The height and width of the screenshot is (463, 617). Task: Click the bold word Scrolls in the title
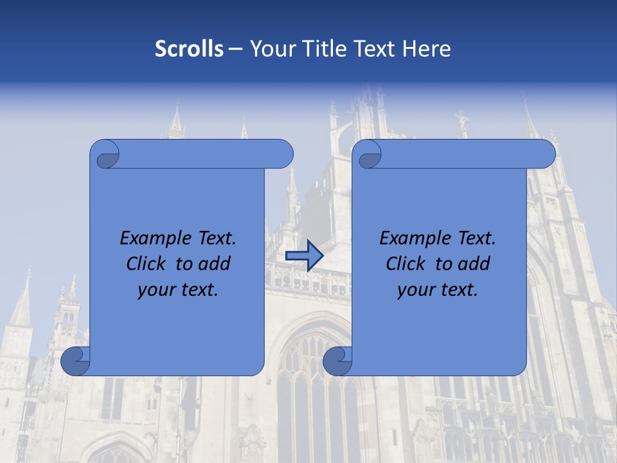tap(190, 49)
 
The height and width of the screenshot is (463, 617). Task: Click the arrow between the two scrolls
tap(304, 256)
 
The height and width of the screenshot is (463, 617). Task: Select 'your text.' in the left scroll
tap(178, 289)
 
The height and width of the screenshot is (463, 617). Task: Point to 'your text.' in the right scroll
tap(438, 289)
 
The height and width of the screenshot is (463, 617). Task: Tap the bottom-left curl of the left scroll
tap(76, 361)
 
